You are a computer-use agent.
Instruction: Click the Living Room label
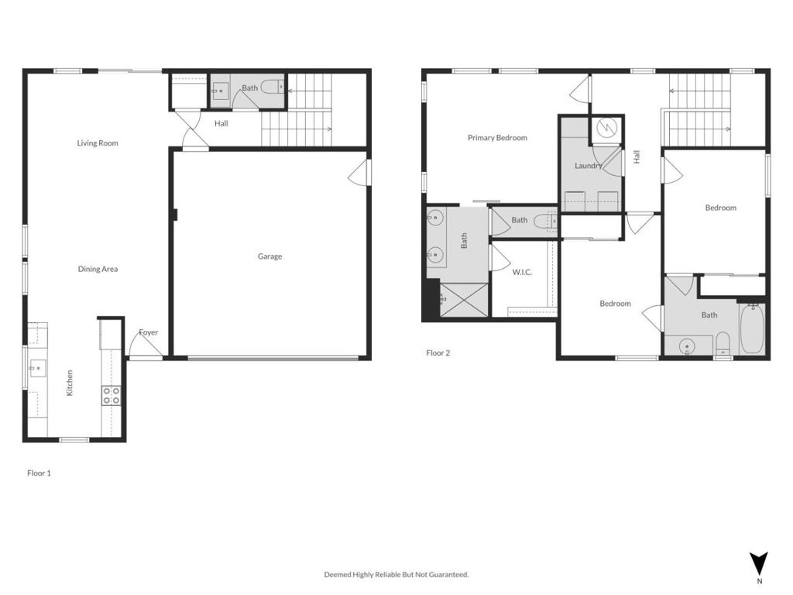[x=98, y=143]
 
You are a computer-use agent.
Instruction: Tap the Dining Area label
[x=98, y=270]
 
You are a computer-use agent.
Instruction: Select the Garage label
[x=269, y=256]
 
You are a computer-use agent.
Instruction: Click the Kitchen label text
[x=70, y=383]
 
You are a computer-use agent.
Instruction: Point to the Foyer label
[x=148, y=333]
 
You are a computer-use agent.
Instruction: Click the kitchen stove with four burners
[x=112, y=396]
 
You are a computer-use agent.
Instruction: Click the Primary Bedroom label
[x=497, y=138]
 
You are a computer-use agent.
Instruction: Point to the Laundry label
[x=589, y=166]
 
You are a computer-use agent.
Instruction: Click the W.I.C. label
[x=522, y=273]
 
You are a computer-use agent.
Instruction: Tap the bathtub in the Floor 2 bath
[x=751, y=329]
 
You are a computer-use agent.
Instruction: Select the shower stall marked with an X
[x=463, y=300]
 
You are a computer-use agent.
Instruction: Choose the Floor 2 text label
[x=438, y=353]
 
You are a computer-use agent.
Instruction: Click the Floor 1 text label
[x=39, y=473]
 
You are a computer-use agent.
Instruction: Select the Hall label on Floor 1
[x=221, y=123]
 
